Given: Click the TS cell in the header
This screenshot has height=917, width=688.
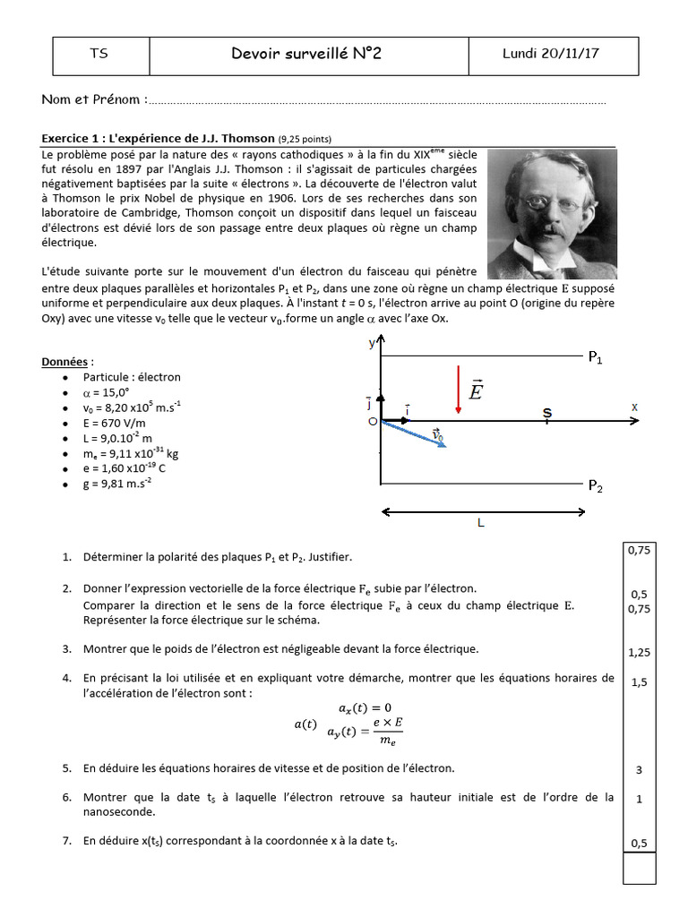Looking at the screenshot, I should (99, 55).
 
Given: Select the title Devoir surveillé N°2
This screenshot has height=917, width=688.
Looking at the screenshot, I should (305, 55).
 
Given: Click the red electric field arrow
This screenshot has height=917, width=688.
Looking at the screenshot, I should (458, 390).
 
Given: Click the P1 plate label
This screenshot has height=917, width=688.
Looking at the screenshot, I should (596, 358).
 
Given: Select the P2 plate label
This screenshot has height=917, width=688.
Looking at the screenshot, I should (596, 486).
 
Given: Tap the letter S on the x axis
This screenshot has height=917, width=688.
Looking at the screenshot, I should (547, 412).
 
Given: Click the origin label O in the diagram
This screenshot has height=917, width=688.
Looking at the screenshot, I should (373, 421).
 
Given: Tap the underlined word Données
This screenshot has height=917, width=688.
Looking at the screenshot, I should (65, 362).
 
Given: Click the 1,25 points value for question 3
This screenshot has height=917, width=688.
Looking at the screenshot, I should (639, 653).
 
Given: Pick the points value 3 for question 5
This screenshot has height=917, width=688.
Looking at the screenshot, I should (639, 769).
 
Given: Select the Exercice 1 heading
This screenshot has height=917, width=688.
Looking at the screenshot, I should (159, 139).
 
